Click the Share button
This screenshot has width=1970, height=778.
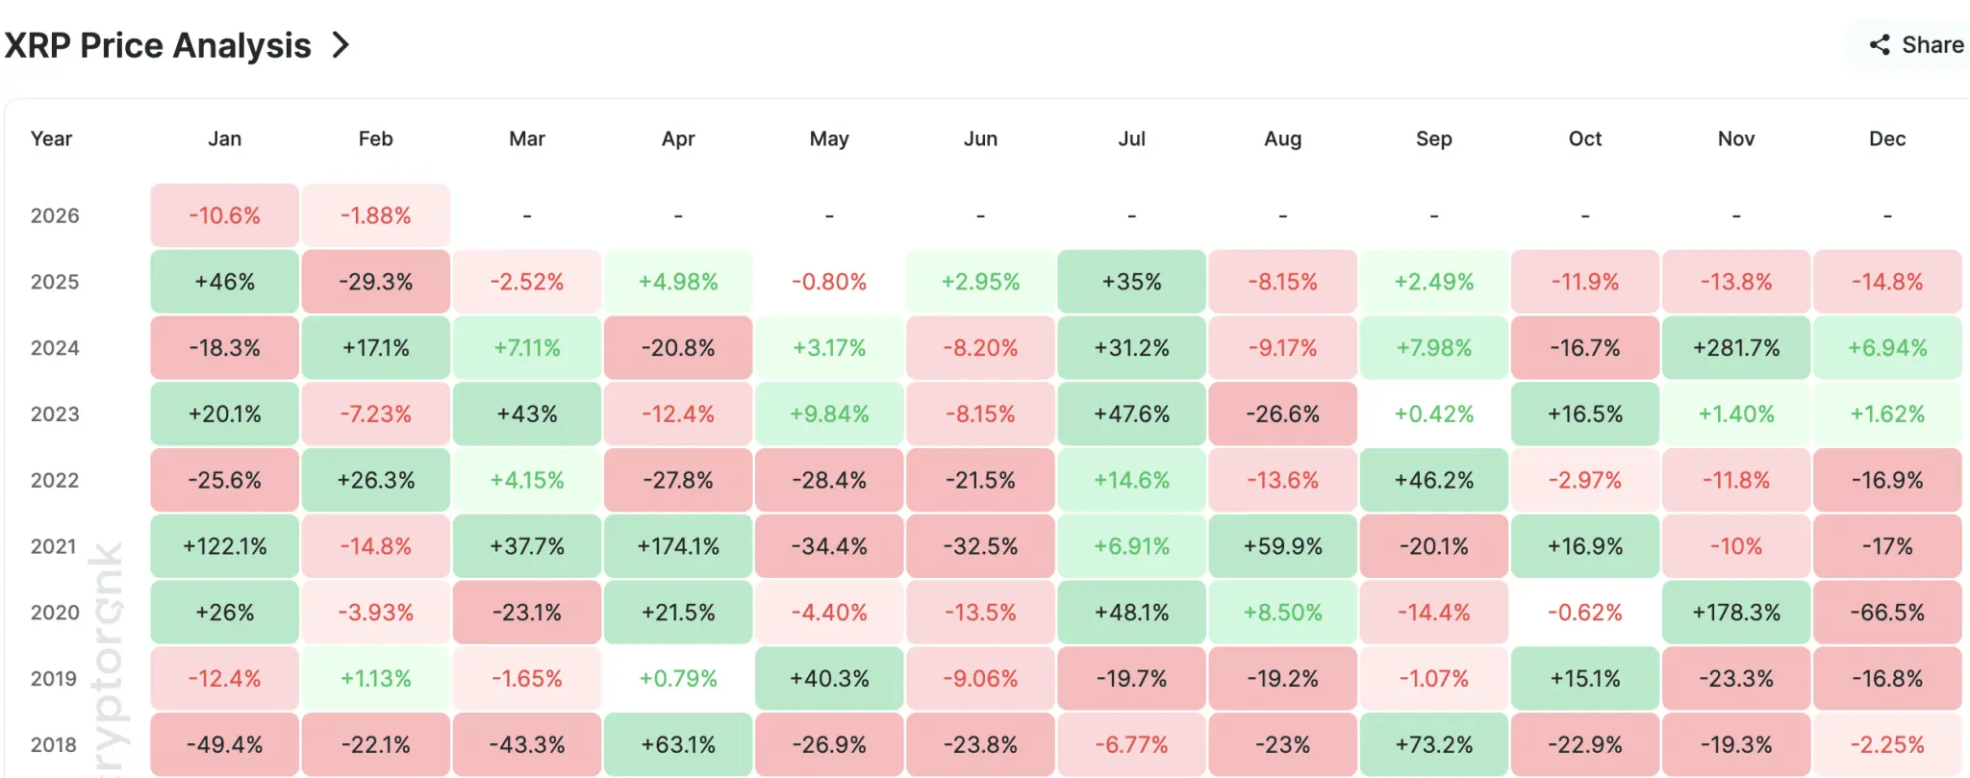coord(1916,45)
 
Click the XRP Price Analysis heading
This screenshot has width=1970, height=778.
coord(158,45)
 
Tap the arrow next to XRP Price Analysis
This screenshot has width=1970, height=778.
coord(341,45)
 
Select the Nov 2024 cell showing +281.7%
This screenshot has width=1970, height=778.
coord(1736,348)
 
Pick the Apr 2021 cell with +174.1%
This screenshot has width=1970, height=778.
coord(678,546)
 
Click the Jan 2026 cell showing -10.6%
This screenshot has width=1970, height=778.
coord(224,215)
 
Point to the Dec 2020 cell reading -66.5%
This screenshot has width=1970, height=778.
coord(1887,613)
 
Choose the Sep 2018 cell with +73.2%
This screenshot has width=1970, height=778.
coord(1434,744)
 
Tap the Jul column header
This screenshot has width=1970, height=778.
coord(1131,138)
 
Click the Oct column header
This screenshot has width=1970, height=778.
coord(1585,138)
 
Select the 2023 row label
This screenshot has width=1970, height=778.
coord(55,414)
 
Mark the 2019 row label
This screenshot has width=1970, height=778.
coord(55,679)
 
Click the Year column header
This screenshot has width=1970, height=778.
coord(51,138)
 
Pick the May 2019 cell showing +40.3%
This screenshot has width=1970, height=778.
coord(829,679)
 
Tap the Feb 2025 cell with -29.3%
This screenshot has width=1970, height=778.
coord(375,282)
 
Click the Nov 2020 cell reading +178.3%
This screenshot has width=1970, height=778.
coord(1736,613)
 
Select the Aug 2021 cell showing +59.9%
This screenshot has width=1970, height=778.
coord(1282,546)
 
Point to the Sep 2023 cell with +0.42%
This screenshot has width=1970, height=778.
coord(1434,414)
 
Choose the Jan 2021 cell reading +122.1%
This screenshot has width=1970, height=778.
coord(224,546)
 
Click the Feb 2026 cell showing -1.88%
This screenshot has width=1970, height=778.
coord(375,215)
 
